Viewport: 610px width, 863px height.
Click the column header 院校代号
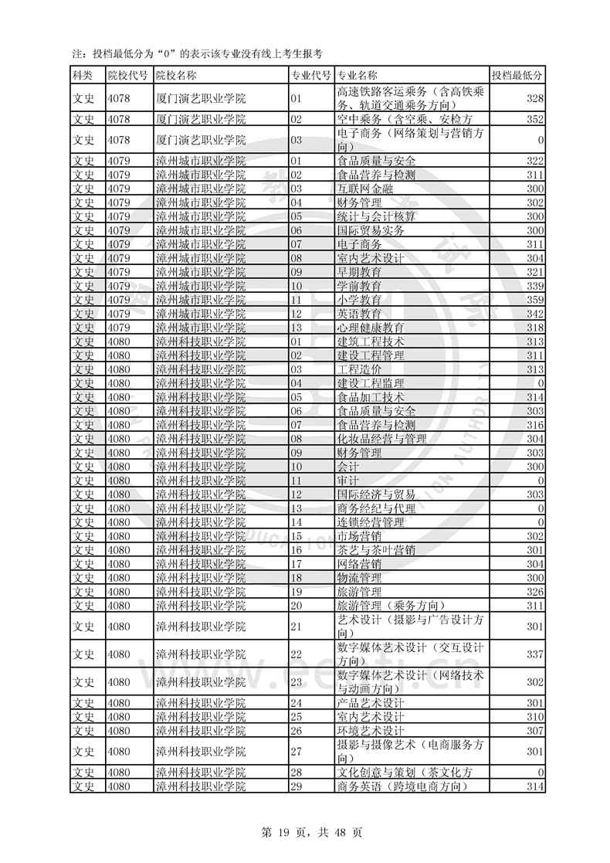[127, 75]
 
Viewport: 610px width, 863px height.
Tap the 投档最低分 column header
[517, 75]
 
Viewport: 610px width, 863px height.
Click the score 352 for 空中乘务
[534, 119]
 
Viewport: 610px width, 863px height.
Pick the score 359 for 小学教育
[534, 300]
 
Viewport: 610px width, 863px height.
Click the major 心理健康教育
[371, 328]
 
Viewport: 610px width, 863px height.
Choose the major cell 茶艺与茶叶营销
[376, 550]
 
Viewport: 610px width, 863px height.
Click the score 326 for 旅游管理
[534, 592]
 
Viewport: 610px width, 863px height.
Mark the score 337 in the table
[534, 654]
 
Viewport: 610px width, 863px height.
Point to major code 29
[295, 787]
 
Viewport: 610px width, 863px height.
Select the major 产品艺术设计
[371, 703]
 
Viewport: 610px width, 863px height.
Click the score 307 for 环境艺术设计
[534, 731]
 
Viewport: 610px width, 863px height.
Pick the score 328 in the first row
[534, 98]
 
